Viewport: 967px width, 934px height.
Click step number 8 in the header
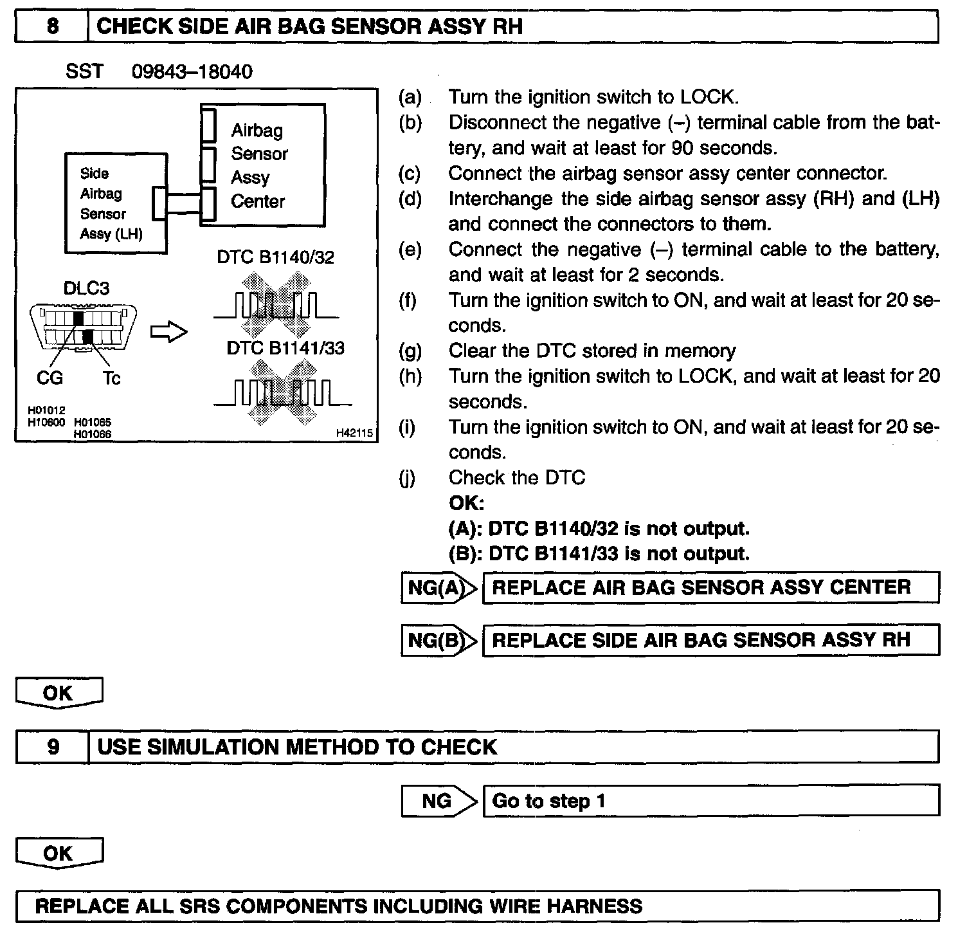pyautogui.click(x=52, y=27)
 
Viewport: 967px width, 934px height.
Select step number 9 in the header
pyautogui.click(x=53, y=747)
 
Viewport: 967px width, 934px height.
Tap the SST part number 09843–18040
pyautogui.click(x=192, y=71)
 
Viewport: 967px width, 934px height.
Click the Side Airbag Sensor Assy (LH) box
pyautogui.click(x=116, y=203)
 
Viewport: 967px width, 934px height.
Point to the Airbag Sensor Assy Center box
pyautogui.click(x=262, y=165)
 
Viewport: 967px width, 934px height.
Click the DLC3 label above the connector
pyautogui.click(x=86, y=289)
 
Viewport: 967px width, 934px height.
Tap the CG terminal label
pyautogui.click(x=50, y=378)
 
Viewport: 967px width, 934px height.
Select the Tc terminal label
pyautogui.click(x=111, y=378)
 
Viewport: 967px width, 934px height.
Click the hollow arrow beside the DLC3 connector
pyautogui.click(x=168, y=332)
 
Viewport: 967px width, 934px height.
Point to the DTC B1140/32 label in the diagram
pyautogui.click(x=275, y=258)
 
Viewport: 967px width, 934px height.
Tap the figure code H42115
pyautogui.click(x=354, y=434)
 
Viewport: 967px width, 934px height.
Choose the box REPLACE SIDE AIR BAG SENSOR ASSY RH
pyautogui.click(x=710, y=641)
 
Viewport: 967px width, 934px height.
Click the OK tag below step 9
pyautogui.click(x=59, y=854)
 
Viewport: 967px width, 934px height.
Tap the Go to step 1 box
pyautogui.click(x=710, y=801)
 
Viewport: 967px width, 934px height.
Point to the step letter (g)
pyautogui.click(x=410, y=351)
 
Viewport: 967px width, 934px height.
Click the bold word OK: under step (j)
pyautogui.click(x=466, y=503)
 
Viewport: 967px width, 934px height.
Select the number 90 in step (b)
pyautogui.click(x=682, y=149)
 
